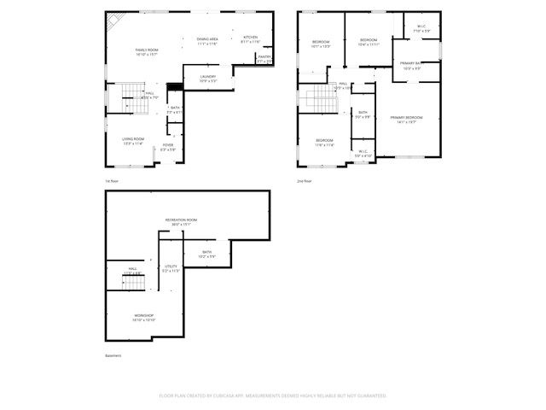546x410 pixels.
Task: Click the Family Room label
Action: click(x=147, y=51)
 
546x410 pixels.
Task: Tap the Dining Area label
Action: click(x=207, y=40)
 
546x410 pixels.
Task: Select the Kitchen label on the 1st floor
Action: click(x=250, y=38)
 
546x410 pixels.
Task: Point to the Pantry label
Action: click(x=264, y=58)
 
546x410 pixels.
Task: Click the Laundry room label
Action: click(x=207, y=78)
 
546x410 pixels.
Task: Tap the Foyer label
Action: click(x=169, y=147)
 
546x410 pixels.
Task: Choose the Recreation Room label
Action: click(x=181, y=221)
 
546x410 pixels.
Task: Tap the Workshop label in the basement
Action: click(x=143, y=316)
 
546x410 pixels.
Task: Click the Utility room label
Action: click(x=171, y=268)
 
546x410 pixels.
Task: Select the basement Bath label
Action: click(x=206, y=254)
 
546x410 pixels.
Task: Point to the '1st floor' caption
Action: click(x=112, y=181)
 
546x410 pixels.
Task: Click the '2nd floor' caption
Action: click(x=305, y=181)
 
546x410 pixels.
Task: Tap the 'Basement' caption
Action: click(x=113, y=355)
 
